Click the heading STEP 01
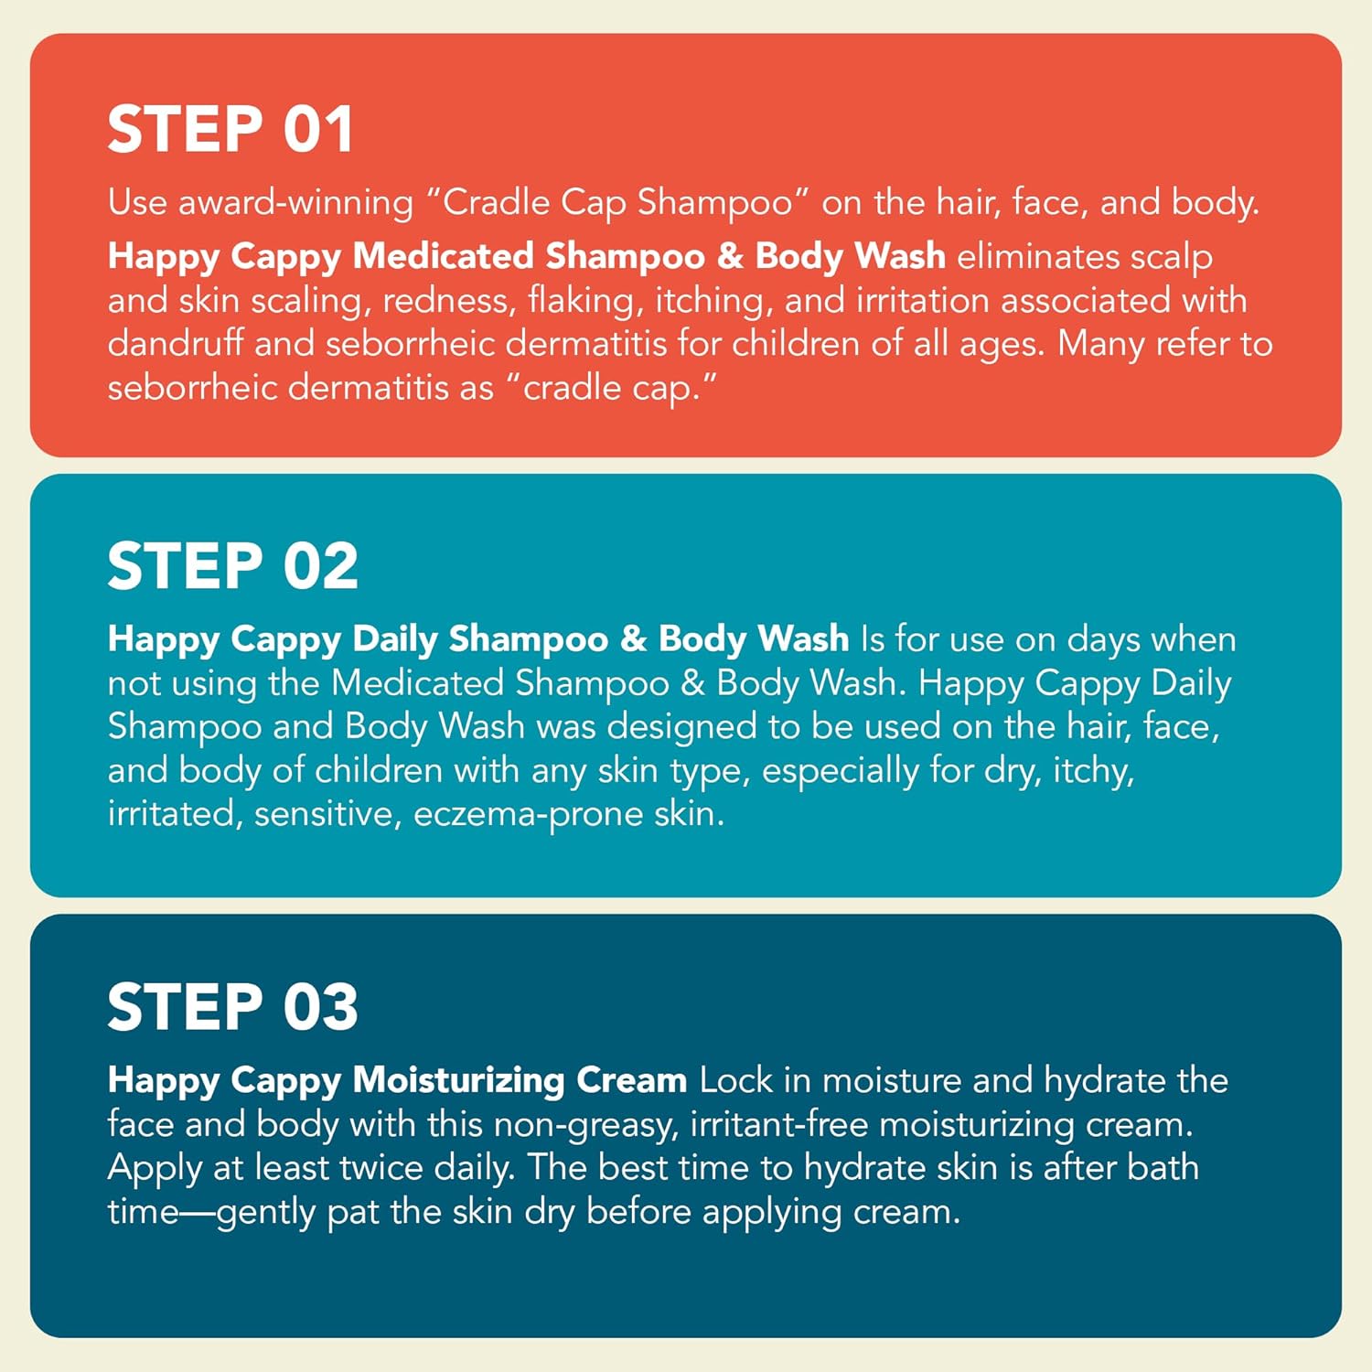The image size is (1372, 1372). tap(230, 129)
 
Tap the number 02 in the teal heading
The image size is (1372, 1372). tap(320, 566)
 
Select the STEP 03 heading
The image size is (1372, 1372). tap(232, 1007)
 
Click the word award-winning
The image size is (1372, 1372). tap(295, 203)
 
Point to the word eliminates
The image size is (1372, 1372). tap(1038, 256)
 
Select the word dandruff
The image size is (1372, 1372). tap(176, 344)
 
